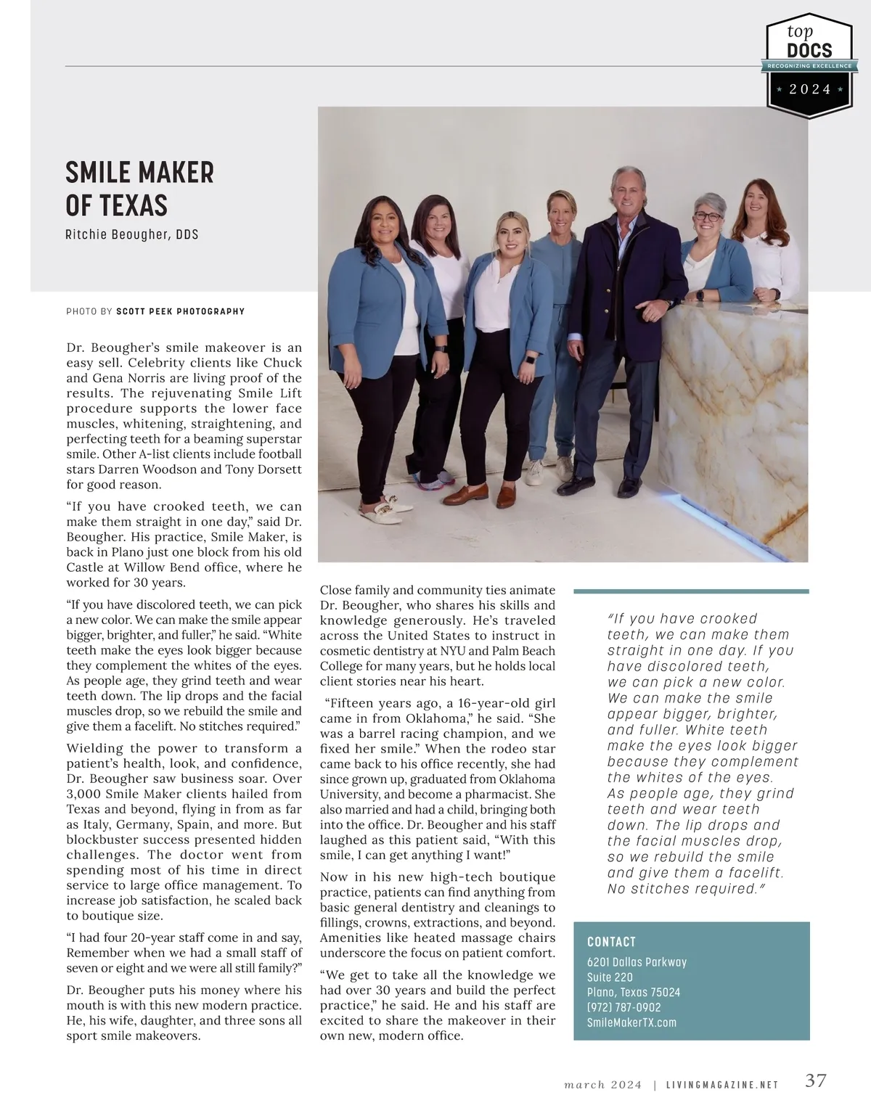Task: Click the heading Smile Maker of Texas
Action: [139, 189]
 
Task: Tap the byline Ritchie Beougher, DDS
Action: [131, 234]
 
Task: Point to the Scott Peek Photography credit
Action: [180, 311]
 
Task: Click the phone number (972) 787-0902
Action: [623, 1007]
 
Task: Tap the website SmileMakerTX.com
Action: [631, 1022]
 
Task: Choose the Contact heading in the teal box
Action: [611, 942]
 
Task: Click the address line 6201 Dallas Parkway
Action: [637, 962]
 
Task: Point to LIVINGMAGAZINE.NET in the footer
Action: [722, 1086]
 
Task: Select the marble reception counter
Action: [733, 421]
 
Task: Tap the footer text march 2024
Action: [603, 1086]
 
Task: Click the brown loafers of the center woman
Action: [479, 496]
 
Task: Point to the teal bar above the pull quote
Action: [690, 591]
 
